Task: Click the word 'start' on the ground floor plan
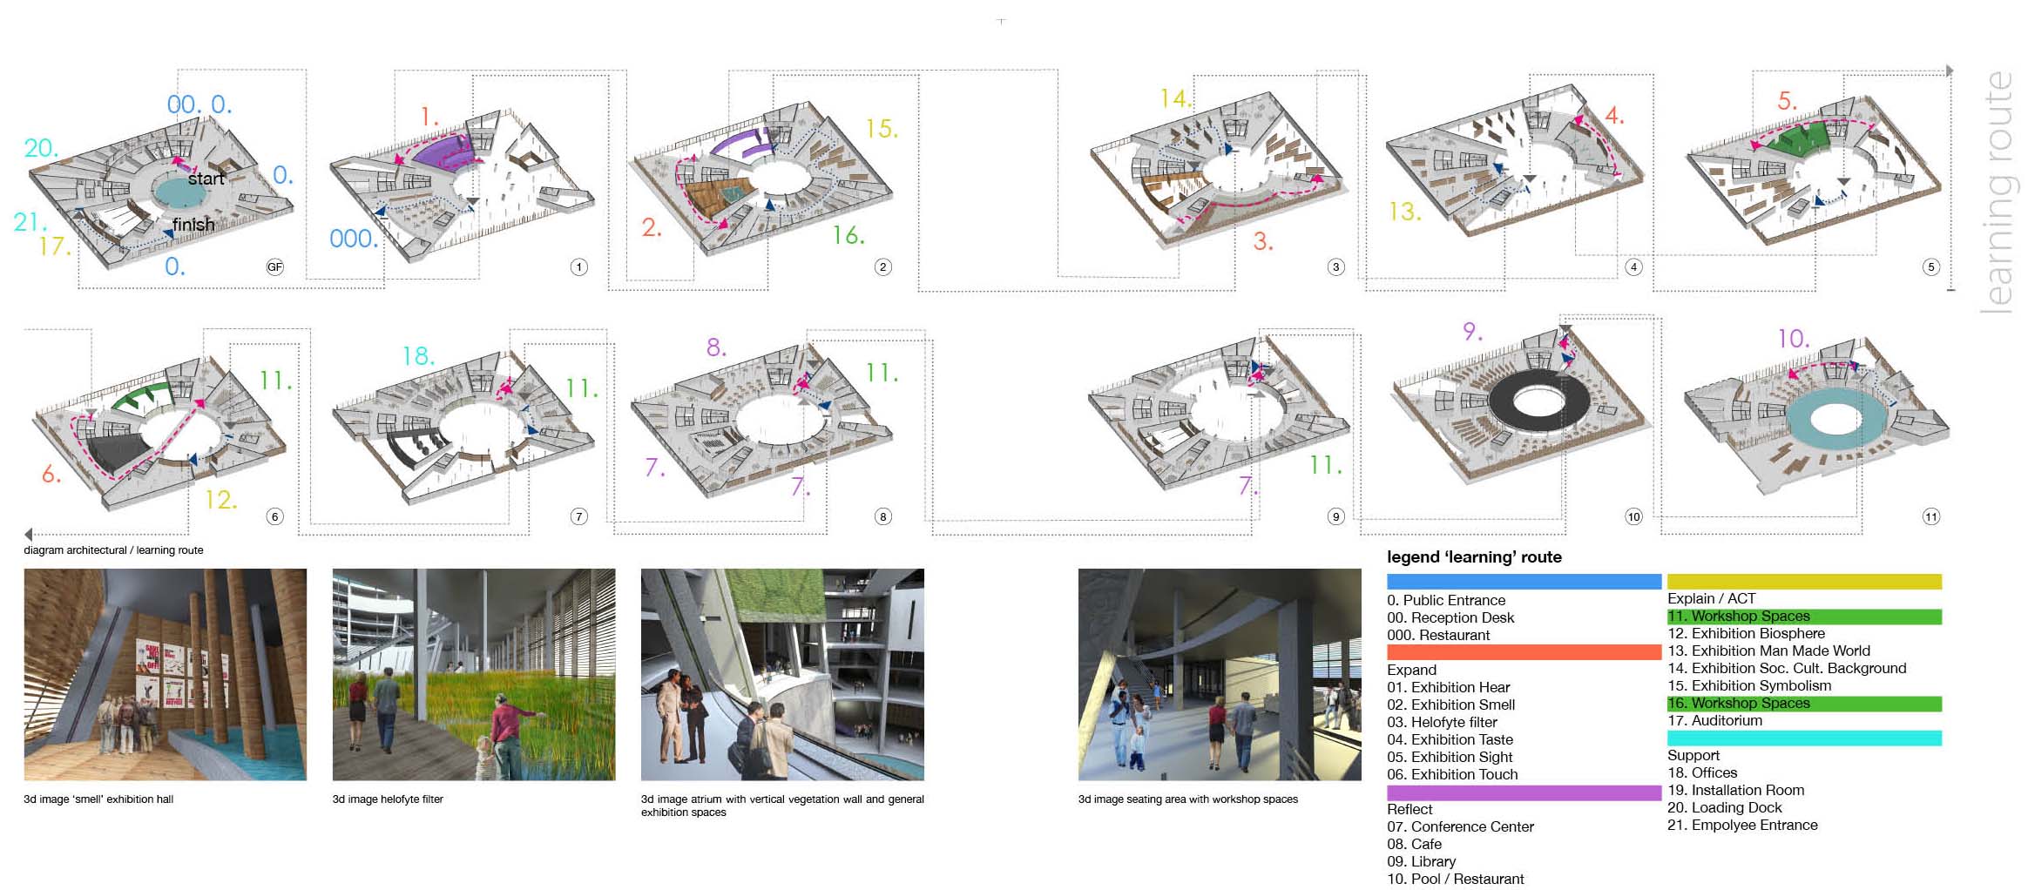coord(206,179)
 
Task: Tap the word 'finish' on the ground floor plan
coord(193,225)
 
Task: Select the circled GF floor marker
coord(274,267)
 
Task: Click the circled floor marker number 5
coord(1930,267)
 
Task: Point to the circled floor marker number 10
coord(1633,516)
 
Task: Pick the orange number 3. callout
coord(1263,241)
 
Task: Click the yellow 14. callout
coord(1176,98)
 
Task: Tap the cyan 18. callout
coord(418,356)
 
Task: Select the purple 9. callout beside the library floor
coord(1472,332)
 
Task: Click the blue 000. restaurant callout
coord(354,239)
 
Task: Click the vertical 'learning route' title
coord(1998,192)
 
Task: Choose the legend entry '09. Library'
coord(1421,861)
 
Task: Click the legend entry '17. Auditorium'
coord(1714,720)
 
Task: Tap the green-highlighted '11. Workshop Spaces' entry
coord(1739,616)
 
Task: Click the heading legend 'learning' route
coord(1474,557)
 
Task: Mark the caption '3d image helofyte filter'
coord(388,799)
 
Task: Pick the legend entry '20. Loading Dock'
coord(1725,807)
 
